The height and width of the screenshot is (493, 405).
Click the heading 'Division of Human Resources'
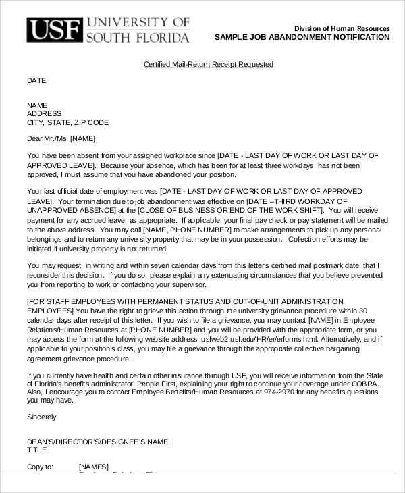click(342, 28)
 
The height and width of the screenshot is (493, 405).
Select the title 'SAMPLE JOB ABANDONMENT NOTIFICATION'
click(302, 37)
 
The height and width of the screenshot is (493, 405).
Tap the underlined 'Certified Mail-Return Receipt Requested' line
click(209, 65)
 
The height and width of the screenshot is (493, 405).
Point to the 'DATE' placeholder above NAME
click(36, 80)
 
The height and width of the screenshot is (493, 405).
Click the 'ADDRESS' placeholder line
click(44, 113)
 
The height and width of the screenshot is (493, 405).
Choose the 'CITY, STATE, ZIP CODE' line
click(67, 122)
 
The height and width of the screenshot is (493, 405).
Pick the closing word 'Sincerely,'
click(43, 417)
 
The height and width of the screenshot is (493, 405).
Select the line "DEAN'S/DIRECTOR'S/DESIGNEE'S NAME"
click(97, 442)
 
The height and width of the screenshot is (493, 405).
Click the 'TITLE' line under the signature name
click(36, 450)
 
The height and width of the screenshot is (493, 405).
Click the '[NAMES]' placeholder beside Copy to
click(94, 467)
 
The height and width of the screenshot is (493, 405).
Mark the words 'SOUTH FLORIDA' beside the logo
click(138, 36)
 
